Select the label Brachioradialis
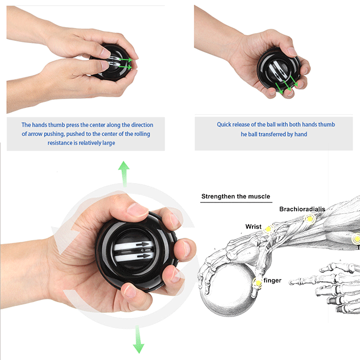click(301, 209)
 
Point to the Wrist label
click(253, 226)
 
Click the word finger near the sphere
click(272, 280)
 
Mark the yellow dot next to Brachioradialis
click(310, 218)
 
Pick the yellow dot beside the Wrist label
click(268, 229)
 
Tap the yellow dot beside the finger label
click(258, 283)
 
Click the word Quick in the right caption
click(225, 124)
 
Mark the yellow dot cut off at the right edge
click(356, 239)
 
